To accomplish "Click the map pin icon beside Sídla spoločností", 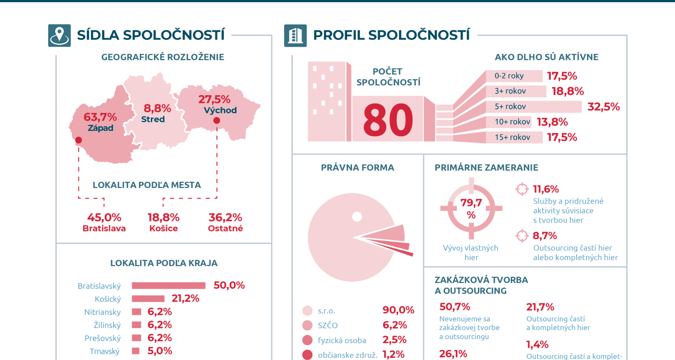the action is tap(59, 36).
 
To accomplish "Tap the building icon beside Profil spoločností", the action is tap(295, 36).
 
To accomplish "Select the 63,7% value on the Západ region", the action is tap(100, 117).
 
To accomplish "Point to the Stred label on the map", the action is tap(153, 119).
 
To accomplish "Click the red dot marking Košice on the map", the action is tap(217, 121).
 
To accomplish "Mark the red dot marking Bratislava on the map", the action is tap(79, 140).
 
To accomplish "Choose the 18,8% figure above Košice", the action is tap(163, 217).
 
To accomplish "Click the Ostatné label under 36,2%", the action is tap(225, 229).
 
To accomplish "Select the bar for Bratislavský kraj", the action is tap(169, 285).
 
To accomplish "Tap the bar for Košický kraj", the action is tap(148, 298).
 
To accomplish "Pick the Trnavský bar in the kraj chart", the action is tap(136, 351).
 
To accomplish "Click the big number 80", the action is tap(388, 120).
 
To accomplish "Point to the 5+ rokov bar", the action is tap(534, 107).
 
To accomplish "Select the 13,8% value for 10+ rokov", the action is tap(552, 122).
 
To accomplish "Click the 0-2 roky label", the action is tap(509, 76).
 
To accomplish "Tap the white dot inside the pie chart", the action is tap(357, 217).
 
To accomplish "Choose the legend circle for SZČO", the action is tap(307, 325).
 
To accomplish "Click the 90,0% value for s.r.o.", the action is tap(398, 310).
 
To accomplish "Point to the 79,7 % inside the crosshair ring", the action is tap(471, 208).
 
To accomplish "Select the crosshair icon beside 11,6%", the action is tap(522, 189).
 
